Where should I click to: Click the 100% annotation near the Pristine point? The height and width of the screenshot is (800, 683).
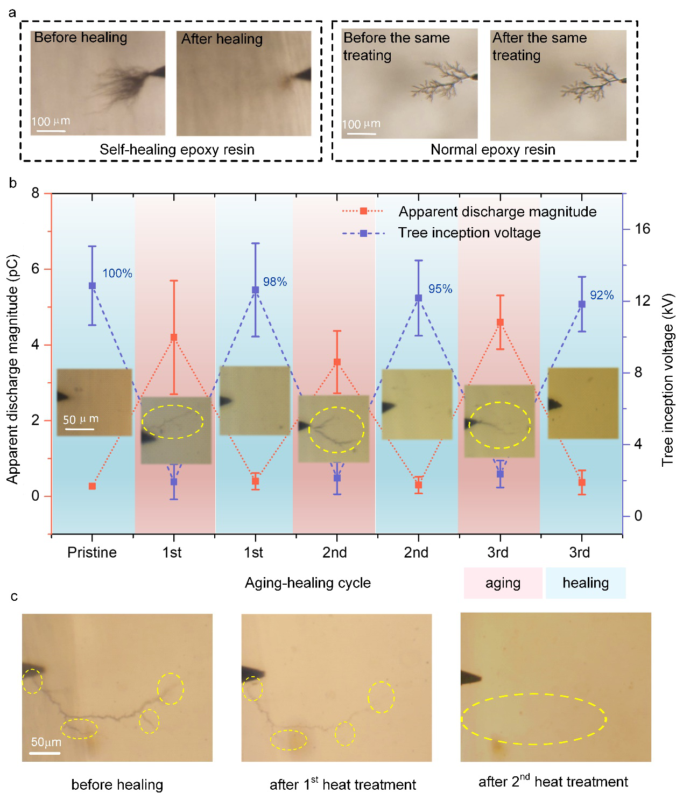point(117,273)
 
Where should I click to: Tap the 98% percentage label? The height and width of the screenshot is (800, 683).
point(275,282)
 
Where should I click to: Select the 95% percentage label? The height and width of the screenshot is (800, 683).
point(440,289)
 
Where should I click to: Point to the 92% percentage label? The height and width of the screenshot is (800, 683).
point(602,295)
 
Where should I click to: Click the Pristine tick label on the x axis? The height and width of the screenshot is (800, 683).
point(92,553)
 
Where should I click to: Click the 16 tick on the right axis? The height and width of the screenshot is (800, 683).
point(642,229)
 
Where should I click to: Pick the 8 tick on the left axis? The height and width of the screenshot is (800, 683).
point(36,193)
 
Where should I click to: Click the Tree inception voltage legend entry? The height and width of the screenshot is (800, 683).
point(469,233)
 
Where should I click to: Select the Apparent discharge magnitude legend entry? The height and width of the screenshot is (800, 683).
point(497,212)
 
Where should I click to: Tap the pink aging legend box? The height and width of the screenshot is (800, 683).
point(503,583)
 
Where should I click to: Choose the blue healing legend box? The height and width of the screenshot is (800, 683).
point(586,583)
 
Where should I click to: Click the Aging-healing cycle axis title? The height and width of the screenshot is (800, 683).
point(308,583)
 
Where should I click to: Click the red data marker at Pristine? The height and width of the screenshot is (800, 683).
point(92,486)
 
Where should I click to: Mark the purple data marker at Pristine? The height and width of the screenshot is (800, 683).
point(92,286)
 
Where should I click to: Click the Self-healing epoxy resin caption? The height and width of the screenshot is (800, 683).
point(177,150)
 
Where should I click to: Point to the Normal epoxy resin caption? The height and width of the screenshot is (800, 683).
point(493,150)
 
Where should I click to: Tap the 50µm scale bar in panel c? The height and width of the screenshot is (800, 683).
point(45,753)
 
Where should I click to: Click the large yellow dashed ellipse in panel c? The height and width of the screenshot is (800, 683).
point(533,719)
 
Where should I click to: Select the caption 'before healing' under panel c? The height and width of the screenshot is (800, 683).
point(117,785)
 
